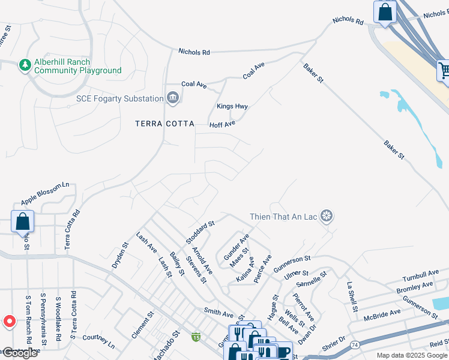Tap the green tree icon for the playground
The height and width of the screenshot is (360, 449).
coord(25,64)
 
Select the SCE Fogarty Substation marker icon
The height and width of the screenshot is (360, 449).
coord(172,98)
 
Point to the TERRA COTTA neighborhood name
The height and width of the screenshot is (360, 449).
coord(164,124)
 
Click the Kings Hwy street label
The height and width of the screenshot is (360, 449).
coord(232,107)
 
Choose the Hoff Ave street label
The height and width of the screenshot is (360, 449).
coord(222,124)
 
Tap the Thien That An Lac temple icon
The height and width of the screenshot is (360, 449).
coord(327,216)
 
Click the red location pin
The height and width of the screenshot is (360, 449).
coord(9,322)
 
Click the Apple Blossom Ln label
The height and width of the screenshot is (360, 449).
coord(45,194)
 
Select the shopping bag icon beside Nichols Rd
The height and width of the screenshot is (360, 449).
coord(384,11)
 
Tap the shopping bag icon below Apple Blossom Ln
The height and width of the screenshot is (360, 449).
coord(22,221)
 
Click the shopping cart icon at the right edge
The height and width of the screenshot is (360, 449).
coord(444,70)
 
